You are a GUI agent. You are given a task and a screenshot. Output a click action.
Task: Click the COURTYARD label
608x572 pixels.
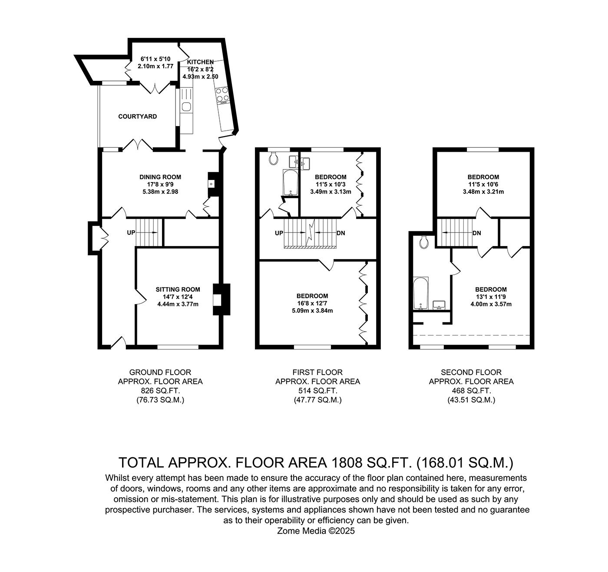tap(138, 116)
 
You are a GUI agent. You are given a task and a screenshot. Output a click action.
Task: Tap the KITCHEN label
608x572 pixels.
tap(200, 62)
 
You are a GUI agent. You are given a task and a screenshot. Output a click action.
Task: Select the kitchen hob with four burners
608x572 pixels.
tap(221, 95)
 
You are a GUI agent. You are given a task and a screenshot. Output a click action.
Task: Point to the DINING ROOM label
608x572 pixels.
tap(160, 177)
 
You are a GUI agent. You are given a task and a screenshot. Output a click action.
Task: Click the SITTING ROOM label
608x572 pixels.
tap(178, 289)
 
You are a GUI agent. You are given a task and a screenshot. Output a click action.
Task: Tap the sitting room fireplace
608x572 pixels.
tap(221, 299)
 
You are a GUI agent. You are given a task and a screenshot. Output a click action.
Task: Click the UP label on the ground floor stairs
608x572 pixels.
tap(131, 233)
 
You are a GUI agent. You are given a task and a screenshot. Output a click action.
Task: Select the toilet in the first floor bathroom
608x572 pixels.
tap(274, 158)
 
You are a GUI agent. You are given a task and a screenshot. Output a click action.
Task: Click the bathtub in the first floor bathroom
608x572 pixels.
tap(290, 183)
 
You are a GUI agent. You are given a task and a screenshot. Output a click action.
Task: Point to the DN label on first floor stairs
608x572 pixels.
tap(341, 233)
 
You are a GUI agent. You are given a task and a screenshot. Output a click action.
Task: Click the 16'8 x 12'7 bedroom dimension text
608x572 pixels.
tap(312, 303)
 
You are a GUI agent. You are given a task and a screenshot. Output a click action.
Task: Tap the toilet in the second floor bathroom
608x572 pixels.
tap(424, 242)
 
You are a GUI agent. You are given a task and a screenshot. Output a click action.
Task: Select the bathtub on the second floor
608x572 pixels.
tap(421, 293)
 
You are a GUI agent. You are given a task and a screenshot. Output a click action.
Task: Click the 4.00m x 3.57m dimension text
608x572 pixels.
tap(491, 304)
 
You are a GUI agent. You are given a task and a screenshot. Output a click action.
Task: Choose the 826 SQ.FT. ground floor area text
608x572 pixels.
tap(160, 390)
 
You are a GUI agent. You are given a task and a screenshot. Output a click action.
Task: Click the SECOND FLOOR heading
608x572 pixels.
tap(471, 372)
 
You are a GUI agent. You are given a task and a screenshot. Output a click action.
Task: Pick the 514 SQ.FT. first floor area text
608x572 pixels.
tap(317, 390)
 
